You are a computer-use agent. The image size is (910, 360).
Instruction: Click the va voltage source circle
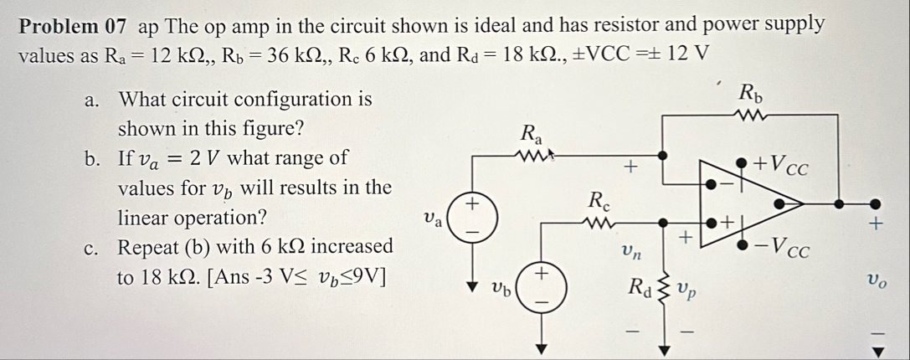click(471, 215)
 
